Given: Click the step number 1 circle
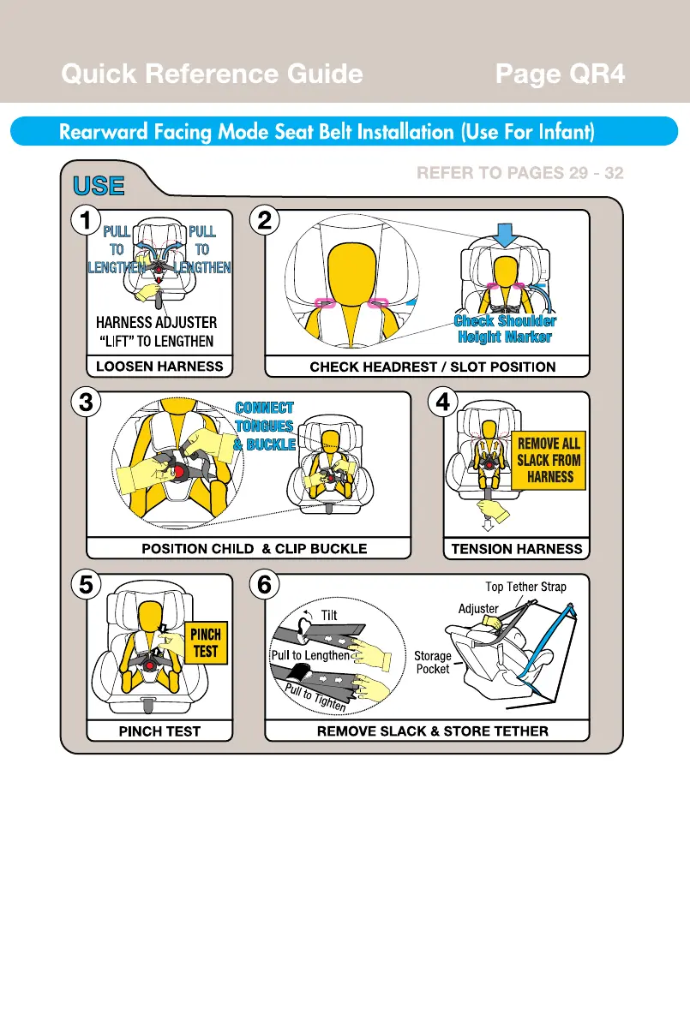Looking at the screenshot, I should click(x=83, y=221).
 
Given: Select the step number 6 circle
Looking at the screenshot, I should click(x=265, y=585).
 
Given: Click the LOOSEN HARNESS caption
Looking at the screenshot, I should click(x=159, y=367).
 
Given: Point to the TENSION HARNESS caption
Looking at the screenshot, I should click(x=516, y=549).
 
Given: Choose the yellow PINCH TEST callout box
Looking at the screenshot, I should click(x=206, y=643).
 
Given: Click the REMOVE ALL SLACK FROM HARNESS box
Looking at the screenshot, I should click(x=549, y=460).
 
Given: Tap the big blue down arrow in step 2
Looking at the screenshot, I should click(x=507, y=233).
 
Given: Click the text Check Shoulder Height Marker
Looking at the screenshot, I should click(x=504, y=329).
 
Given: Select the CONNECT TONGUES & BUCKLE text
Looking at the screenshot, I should click(x=264, y=426).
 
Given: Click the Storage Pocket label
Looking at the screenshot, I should click(x=433, y=662).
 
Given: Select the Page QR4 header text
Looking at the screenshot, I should click(x=560, y=75).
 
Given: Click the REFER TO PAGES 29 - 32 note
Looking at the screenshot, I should click(x=519, y=173).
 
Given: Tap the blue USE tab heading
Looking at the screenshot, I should click(x=99, y=186).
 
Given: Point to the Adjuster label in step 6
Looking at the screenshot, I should click(x=478, y=609).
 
